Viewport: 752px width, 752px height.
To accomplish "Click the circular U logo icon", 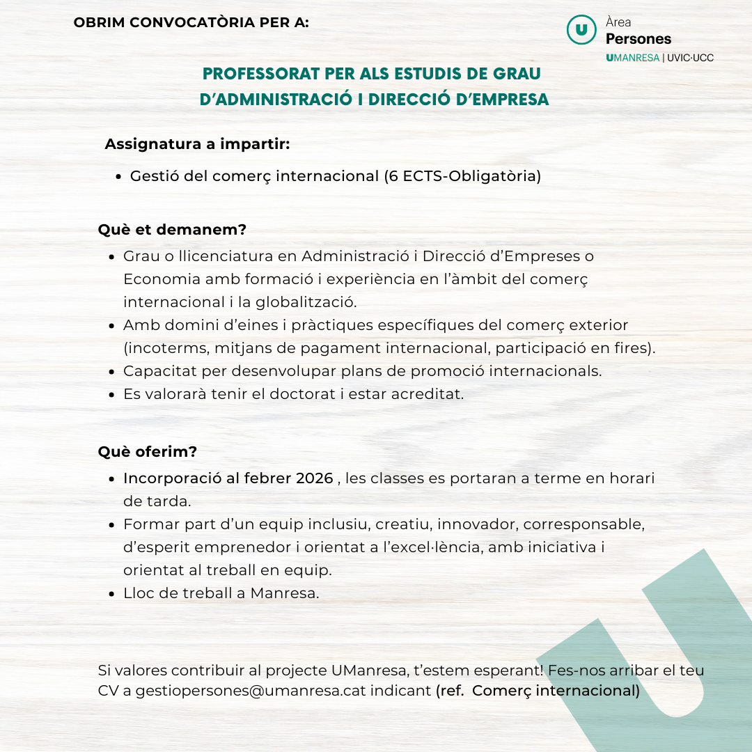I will tap(581, 29).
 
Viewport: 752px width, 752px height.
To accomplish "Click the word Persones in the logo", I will tap(639, 39).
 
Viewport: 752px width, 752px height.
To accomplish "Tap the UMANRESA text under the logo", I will tap(632, 58).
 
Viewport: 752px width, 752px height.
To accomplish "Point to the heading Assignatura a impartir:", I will tap(197, 145).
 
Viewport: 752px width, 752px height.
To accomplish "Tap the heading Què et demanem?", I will tap(172, 230).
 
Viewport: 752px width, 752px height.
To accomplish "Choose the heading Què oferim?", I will tap(148, 452).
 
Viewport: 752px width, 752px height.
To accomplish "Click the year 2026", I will tap(315, 478).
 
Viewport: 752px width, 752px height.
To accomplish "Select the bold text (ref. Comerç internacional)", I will tap(538, 691).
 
